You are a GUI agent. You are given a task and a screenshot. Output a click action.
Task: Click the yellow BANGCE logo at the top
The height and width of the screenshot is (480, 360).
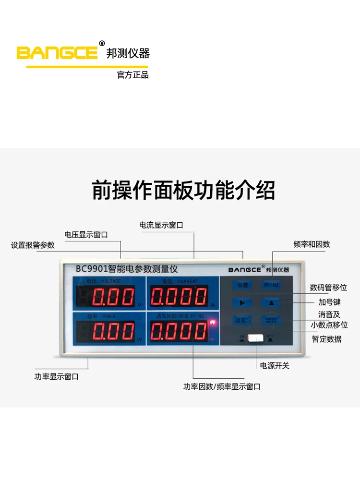(x=58, y=52)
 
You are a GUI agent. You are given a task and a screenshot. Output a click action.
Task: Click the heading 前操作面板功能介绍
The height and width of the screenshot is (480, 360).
(x=183, y=190)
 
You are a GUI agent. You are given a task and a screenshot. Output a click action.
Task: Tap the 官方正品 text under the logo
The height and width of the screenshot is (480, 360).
(x=133, y=75)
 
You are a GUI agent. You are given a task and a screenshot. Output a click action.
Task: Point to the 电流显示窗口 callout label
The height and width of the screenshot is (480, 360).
(x=161, y=225)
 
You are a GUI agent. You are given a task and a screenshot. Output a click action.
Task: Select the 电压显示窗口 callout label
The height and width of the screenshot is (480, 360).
(x=86, y=235)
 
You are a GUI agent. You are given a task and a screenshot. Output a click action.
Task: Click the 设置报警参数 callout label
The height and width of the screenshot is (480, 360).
(x=33, y=245)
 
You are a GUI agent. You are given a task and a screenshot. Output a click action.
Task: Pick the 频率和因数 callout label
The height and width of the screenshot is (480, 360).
(x=312, y=244)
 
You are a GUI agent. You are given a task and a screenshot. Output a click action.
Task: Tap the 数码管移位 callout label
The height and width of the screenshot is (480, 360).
(x=328, y=288)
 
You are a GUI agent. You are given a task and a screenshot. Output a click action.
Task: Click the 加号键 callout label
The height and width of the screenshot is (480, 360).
(x=329, y=302)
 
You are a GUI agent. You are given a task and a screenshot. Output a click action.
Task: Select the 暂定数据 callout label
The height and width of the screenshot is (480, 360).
(x=327, y=339)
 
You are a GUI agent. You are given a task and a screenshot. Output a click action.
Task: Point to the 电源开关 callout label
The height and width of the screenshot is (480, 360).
(x=275, y=366)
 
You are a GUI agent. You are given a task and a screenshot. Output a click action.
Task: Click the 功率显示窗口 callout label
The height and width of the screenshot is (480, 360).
(x=56, y=377)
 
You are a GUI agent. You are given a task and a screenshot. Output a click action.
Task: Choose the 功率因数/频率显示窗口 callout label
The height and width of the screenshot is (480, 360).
(x=222, y=386)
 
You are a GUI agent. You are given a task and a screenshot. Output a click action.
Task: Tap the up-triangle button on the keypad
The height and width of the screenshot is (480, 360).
(x=271, y=302)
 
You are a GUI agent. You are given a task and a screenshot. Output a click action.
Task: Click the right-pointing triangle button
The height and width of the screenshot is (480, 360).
(x=242, y=302)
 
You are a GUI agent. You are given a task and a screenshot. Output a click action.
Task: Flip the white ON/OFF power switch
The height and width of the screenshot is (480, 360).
(x=256, y=338)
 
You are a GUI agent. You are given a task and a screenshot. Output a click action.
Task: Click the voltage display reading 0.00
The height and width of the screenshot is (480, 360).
(x=113, y=298)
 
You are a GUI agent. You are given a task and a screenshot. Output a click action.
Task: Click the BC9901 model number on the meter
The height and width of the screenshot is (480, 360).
(x=91, y=269)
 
